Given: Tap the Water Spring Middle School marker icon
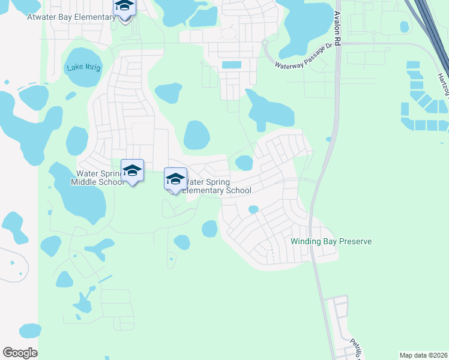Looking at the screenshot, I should pyautogui.click(x=132, y=171).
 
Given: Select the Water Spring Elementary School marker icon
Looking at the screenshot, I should pyautogui.click(x=175, y=179).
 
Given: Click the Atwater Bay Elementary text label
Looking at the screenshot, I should pyautogui.click(x=71, y=17).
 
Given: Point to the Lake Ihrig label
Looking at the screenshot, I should pyautogui.click(x=85, y=67).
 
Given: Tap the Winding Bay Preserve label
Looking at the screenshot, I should pyautogui.click(x=331, y=241).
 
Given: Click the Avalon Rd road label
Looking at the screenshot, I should pyautogui.click(x=337, y=30).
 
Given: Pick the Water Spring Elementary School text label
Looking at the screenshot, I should pyautogui.click(x=216, y=186).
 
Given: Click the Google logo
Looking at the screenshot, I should pyautogui.click(x=20, y=353).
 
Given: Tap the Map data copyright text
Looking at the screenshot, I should pyautogui.click(x=424, y=355).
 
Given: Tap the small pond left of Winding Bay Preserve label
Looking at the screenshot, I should pyautogui.click(x=253, y=209).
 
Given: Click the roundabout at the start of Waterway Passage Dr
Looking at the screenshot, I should pyautogui.click(x=264, y=42).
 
